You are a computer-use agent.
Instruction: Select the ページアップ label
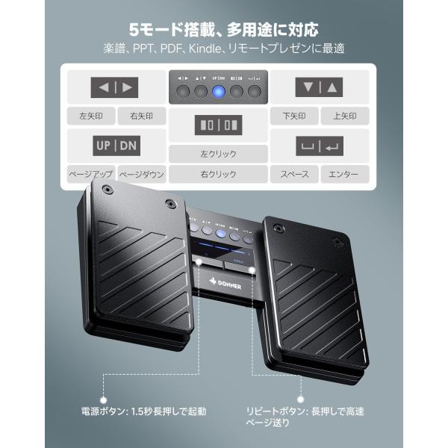click(x=90, y=174)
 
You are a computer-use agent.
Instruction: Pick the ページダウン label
click(x=141, y=174)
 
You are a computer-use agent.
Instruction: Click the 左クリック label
click(x=218, y=155)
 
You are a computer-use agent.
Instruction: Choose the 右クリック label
click(x=218, y=174)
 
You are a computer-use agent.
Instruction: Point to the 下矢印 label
click(x=294, y=116)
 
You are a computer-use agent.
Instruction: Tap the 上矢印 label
click(x=344, y=116)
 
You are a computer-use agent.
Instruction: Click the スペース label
click(x=294, y=174)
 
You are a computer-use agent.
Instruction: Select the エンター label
click(x=344, y=174)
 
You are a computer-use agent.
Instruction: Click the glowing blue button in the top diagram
click(x=218, y=93)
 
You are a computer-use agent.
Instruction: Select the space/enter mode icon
click(x=319, y=145)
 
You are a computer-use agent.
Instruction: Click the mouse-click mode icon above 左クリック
click(x=218, y=124)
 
